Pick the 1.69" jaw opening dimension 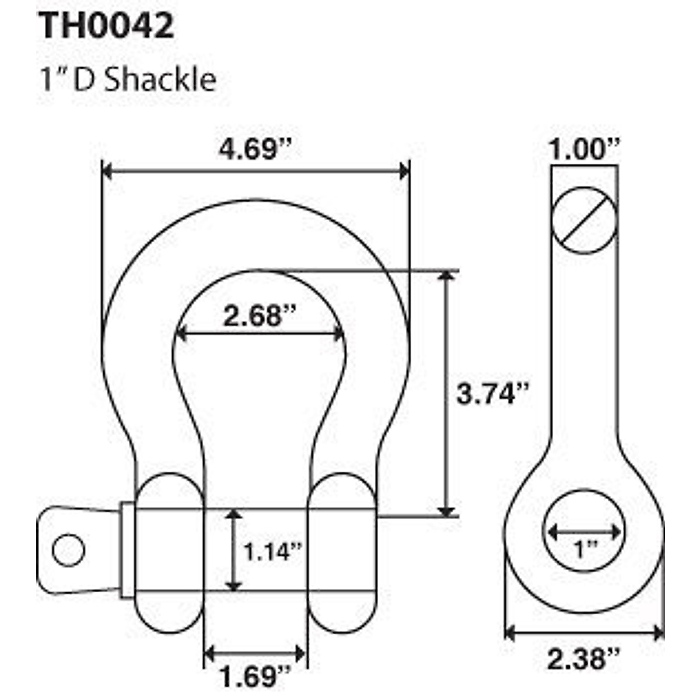(x=254, y=677)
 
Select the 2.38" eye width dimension (x=583, y=659)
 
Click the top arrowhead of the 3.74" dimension (x=447, y=276)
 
